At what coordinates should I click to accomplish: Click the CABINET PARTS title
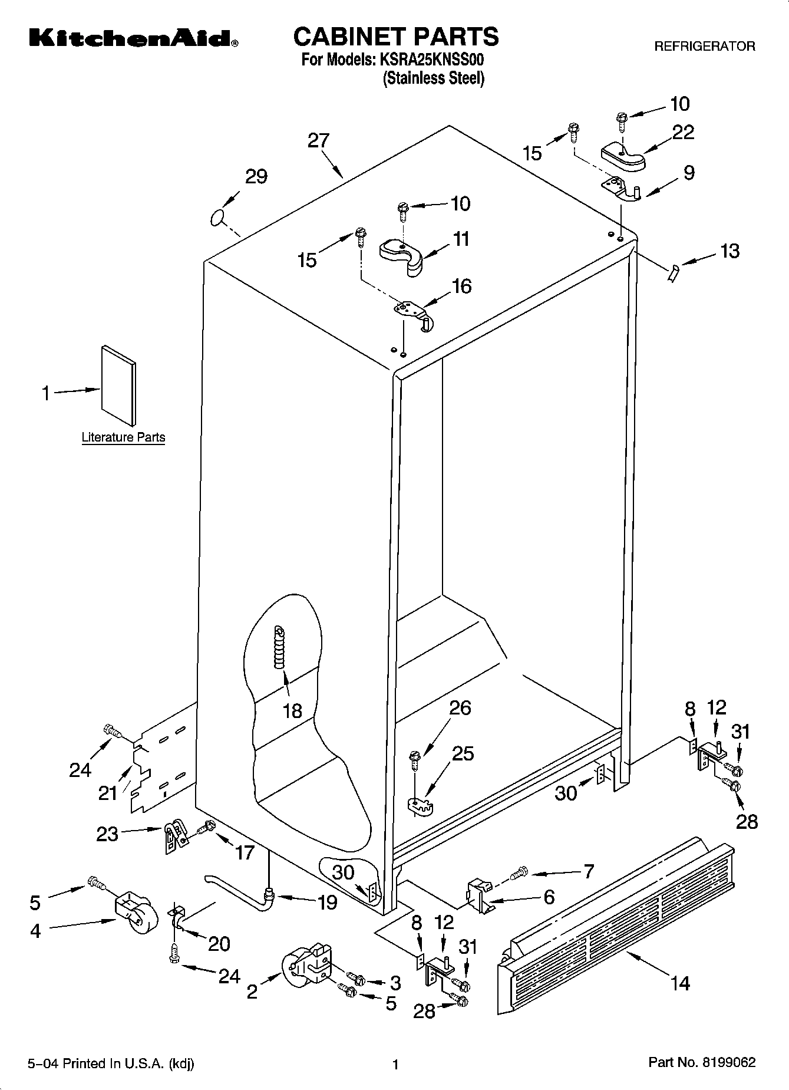tap(395, 37)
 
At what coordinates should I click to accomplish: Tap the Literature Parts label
tap(123, 437)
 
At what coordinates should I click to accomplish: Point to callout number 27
tap(318, 140)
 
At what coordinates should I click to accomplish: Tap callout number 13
tap(729, 251)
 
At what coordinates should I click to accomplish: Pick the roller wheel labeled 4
tap(135, 916)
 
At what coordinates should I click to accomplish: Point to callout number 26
tap(460, 708)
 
